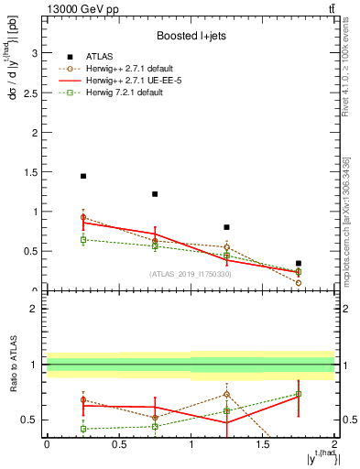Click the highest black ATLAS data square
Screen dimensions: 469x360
(82, 176)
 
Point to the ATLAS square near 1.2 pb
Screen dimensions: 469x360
(155, 194)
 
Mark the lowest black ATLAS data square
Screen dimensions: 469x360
(299, 263)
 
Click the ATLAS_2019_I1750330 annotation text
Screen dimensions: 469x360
(191, 274)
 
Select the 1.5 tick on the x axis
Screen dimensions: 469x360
(263, 445)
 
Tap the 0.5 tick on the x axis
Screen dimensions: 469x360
(118, 445)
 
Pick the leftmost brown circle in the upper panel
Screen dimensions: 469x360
(82, 217)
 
